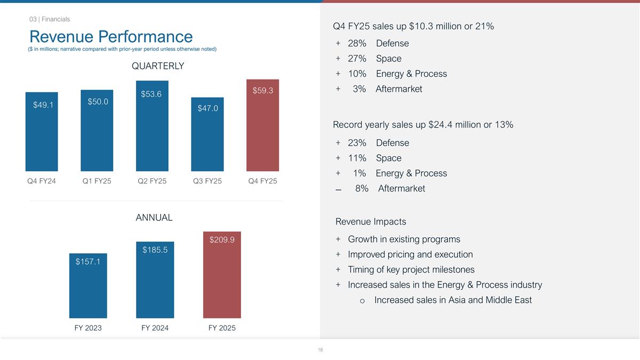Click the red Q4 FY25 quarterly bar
point(263,128)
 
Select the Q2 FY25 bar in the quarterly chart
point(152,128)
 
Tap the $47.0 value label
point(207,108)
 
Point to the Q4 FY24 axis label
point(42,181)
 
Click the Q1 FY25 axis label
point(97,181)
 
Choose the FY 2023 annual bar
point(88,288)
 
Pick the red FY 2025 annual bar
point(222,277)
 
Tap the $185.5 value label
point(155,250)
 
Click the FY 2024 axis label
point(155,328)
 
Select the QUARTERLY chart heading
point(158,66)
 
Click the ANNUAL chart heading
point(154,218)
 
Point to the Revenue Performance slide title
point(111,36)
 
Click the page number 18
point(320,350)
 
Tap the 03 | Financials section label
point(50,19)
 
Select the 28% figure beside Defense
point(357,43)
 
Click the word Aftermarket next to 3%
point(399,89)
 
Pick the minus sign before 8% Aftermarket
point(339,189)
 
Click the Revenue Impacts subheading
point(371,222)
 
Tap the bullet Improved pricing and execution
point(410,254)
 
